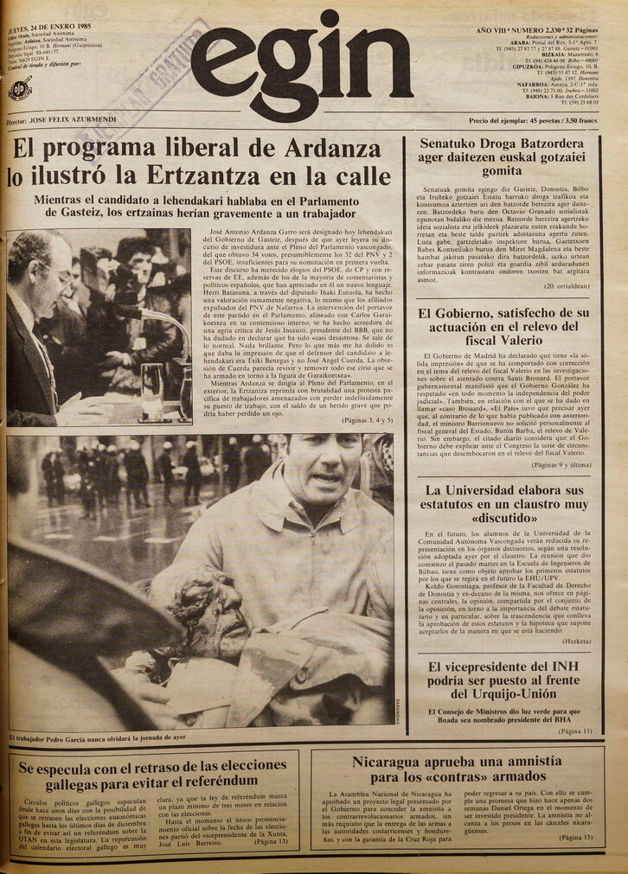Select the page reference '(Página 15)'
(575, 837)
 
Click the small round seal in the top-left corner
(20, 88)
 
